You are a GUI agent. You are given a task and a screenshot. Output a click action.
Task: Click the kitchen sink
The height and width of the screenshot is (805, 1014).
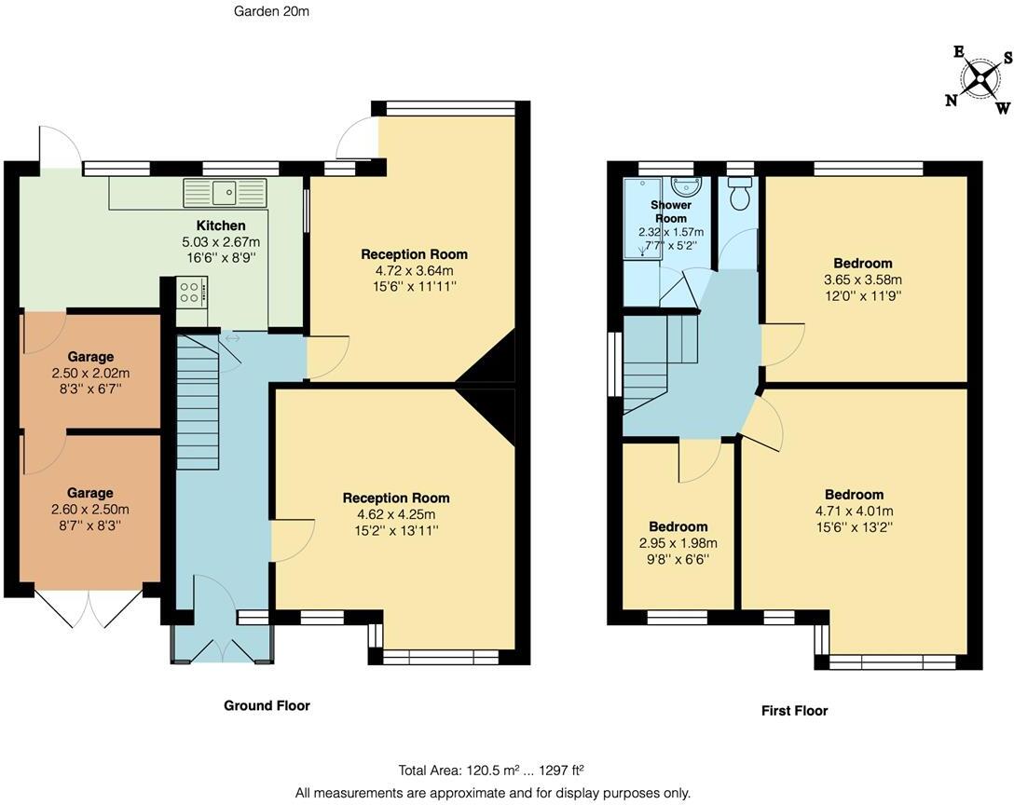225,193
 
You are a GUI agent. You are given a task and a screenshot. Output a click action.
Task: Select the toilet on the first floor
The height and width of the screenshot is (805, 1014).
741,196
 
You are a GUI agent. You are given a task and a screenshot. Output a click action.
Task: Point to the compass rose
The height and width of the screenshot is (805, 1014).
979,77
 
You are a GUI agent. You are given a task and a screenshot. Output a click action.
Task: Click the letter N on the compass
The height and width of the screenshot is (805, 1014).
952,101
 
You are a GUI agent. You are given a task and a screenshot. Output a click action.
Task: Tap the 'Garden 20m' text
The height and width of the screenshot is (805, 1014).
270,11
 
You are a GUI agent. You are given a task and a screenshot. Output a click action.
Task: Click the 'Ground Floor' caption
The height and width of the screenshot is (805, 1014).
267,705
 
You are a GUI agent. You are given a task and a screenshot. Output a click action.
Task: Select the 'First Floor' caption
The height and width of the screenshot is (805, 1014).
794,710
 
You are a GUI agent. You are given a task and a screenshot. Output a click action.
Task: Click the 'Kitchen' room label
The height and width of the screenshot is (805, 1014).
221,225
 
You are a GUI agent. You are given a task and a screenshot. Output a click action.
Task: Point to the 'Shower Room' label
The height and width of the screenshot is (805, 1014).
670,211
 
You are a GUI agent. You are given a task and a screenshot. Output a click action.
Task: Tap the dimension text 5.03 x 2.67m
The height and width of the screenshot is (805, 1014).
221,241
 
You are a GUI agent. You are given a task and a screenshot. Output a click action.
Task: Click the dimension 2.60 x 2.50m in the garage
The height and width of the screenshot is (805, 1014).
90,509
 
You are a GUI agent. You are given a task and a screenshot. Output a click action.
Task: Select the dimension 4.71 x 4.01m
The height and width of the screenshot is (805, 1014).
854,511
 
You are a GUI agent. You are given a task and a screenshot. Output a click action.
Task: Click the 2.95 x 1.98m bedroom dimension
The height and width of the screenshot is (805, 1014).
678,543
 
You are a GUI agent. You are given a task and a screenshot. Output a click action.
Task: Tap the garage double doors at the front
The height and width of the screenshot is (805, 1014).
90,607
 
